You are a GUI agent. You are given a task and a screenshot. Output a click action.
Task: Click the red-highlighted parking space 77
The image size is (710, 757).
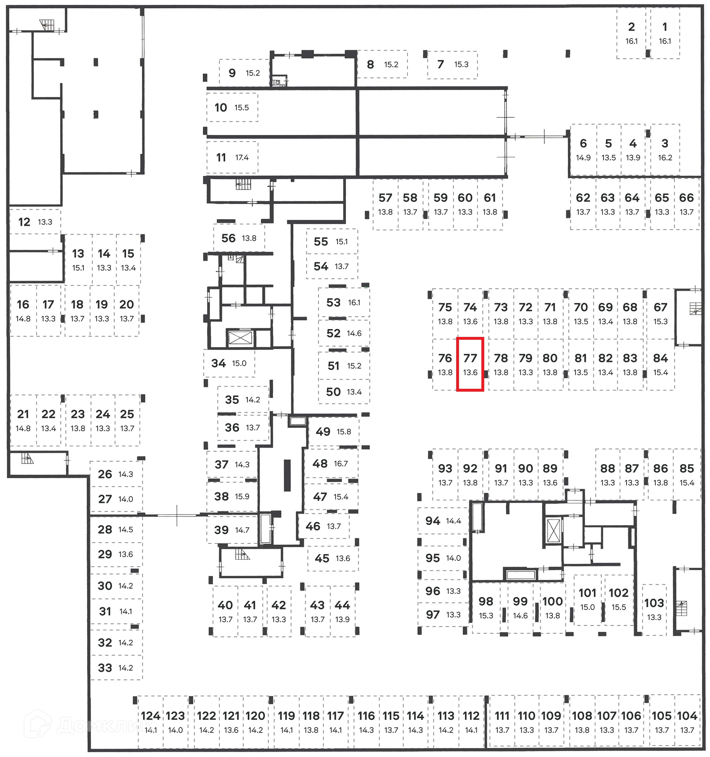coord(470,364)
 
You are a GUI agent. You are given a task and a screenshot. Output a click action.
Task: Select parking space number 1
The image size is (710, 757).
coord(665,34)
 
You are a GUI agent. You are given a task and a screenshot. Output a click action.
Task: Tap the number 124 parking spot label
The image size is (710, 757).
coord(151,716)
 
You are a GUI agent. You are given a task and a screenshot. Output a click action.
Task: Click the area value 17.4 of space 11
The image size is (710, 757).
coord(242,157)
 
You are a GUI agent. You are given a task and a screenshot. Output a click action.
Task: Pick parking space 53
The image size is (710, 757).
coord(344,302)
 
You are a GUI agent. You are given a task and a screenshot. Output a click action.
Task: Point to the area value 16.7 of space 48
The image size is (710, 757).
coord(341,463)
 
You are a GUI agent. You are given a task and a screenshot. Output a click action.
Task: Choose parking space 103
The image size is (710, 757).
coord(654,609)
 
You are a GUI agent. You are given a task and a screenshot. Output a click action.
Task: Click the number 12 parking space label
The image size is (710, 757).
coord(24,222)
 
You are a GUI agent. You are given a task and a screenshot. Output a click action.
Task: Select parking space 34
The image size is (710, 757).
coord(229,363)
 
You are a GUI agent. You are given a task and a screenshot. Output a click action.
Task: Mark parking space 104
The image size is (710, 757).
coord(687,721)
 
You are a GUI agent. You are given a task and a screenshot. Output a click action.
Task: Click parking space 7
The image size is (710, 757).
coord(452,64)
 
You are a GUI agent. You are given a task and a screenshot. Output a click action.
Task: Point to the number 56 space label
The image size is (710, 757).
coord(228,238)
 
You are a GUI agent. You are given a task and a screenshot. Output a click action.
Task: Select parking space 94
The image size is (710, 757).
coord(443,520)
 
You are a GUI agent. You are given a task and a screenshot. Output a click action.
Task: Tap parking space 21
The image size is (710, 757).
coord(23,420)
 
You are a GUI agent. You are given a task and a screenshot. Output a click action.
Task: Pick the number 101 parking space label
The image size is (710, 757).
coord(588,593)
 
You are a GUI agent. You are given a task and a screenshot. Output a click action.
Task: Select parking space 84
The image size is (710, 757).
coord(660,364)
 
